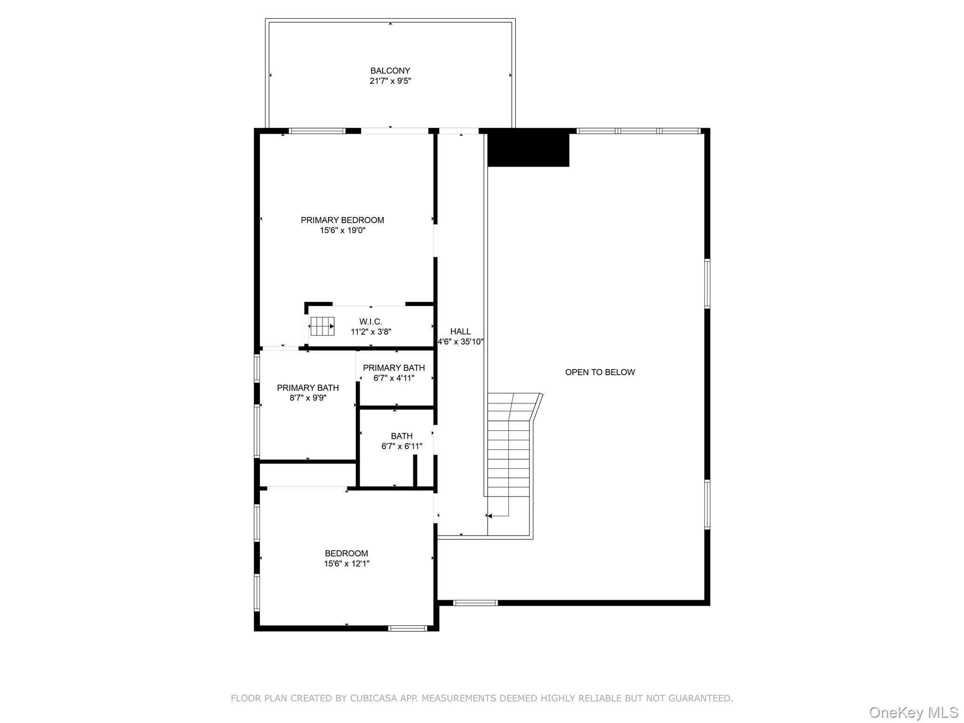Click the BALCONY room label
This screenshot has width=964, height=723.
coord(390,71)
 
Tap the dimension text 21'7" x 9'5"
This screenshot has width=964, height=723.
coord(390,81)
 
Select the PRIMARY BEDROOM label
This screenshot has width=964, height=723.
coord(342,220)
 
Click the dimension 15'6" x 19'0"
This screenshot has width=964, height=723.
coord(342,231)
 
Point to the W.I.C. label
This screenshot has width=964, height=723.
coord(370,321)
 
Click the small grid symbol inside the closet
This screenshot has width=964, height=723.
coord(322,326)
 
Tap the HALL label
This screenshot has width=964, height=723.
coord(460,331)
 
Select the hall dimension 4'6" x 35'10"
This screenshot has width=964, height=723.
coord(460,342)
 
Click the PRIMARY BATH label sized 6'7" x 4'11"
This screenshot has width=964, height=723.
coord(394,368)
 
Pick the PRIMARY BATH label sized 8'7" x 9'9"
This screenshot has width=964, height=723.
coord(307,388)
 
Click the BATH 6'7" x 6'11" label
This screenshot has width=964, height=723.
coord(402,436)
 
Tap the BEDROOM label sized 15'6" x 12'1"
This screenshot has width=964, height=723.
coord(346,554)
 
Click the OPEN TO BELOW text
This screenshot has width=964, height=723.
coord(600,372)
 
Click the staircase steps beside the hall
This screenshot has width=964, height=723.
coord(508,452)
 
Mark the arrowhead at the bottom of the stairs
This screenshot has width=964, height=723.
coord(490,516)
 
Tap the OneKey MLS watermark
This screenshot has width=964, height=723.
coord(913,712)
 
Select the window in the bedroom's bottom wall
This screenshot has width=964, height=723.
coord(408,628)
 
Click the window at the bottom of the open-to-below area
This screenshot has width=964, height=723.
coord(475,602)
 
